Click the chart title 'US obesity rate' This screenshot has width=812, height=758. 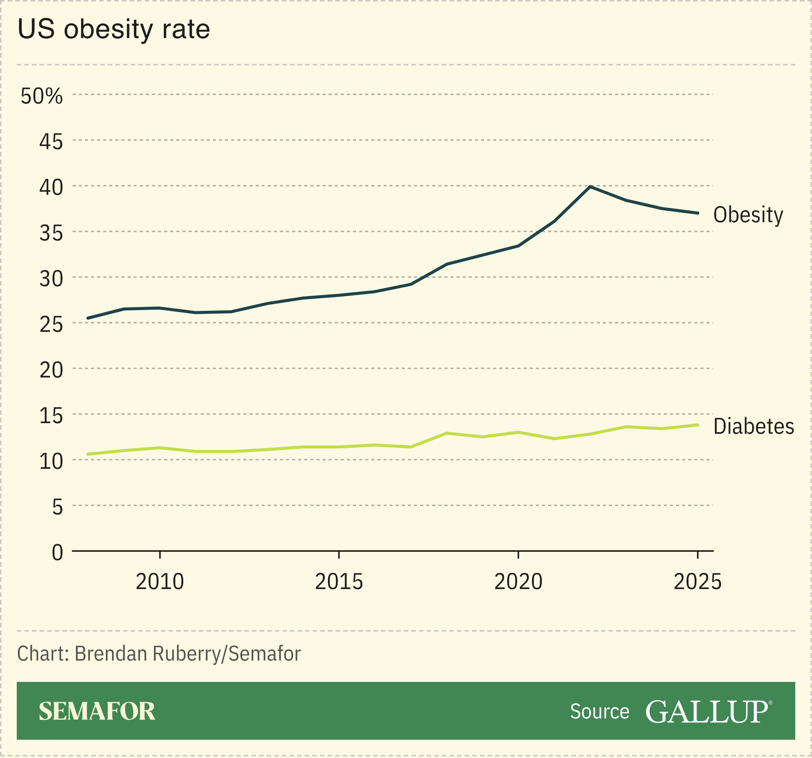(113, 29)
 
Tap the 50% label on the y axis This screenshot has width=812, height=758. (42, 96)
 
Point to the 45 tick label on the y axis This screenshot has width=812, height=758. (51, 142)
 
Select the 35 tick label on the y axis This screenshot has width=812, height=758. (51, 234)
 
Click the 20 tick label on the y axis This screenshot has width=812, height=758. (51, 370)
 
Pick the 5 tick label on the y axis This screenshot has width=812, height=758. (57, 507)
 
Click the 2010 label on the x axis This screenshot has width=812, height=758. (160, 582)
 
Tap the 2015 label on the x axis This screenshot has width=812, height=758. (339, 582)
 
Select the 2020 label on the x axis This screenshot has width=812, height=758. (518, 582)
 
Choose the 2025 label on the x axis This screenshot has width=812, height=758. (698, 582)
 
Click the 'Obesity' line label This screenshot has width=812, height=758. (748, 215)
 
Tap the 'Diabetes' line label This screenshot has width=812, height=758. (754, 427)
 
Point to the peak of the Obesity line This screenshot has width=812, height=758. (590, 187)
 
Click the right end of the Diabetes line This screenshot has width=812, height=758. (698, 425)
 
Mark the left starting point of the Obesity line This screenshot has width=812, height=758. (88, 318)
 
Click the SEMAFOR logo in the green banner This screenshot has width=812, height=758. (97, 712)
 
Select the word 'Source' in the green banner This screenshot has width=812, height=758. (599, 712)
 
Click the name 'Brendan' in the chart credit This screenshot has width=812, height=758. (111, 653)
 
